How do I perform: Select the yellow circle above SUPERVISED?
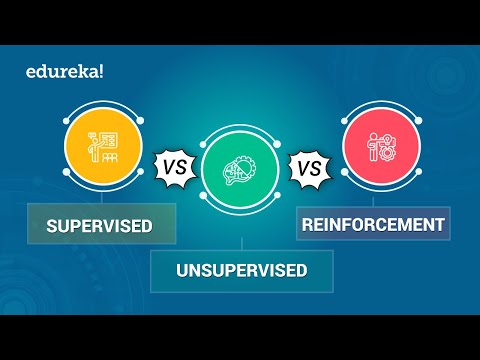pyautogui.click(x=98, y=145)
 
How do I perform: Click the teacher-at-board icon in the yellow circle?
pyautogui.click(x=98, y=146)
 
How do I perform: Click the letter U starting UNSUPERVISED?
pyautogui.click(x=182, y=270)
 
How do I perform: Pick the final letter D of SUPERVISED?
pyautogui.click(x=146, y=226)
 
